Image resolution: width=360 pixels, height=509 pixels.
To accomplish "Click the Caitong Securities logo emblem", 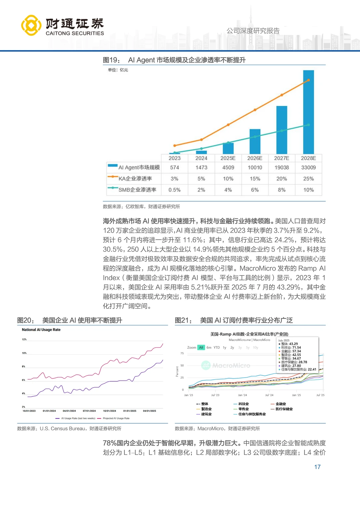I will tap(31, 25).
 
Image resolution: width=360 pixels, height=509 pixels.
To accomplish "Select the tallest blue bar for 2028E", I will tap(308, 112).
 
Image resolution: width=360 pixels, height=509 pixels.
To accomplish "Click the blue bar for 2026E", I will tap(255, 141).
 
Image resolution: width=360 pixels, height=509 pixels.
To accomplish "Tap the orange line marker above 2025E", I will tap(228, 125).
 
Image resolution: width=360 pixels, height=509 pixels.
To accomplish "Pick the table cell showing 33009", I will tap(308, 167).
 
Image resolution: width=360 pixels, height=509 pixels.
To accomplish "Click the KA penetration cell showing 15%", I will tap(255, 179).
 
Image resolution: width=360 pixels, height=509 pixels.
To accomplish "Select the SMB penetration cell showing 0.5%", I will tap(174, 190).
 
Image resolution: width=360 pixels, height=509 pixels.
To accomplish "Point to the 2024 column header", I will tap(201, 158).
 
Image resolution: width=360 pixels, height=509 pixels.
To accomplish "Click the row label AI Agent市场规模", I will tap(139, 167).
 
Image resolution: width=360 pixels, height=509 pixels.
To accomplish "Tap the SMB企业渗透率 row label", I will tap(137, 190).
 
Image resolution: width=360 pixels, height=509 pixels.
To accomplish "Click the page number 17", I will tap(317, 467).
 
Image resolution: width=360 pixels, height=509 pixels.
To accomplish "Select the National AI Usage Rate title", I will tap(41, 330).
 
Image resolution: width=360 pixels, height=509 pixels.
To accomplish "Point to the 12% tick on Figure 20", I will tap(24, 339).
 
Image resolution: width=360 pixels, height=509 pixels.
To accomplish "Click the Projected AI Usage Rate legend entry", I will tap(116, 418).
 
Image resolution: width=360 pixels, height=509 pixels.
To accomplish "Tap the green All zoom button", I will tap(201, 347).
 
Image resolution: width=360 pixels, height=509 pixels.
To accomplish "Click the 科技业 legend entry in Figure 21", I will tap(244, 404).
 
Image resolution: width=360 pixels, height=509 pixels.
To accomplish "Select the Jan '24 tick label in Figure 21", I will tap(242, 395).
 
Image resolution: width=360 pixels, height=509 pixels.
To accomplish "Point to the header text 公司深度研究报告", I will tap(253, 31).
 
